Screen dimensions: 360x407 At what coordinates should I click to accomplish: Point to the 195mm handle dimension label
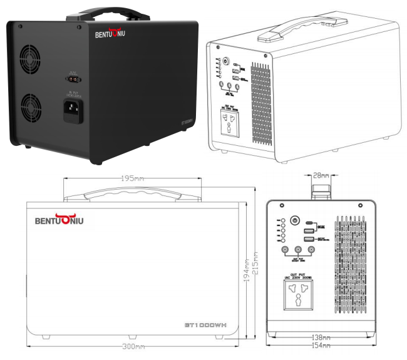132,179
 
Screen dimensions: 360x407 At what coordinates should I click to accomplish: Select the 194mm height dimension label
246,271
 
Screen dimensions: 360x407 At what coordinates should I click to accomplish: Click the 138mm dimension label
321,337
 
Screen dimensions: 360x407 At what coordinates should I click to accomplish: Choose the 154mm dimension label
321,346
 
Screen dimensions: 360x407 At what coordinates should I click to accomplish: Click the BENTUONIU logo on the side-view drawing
59,220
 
